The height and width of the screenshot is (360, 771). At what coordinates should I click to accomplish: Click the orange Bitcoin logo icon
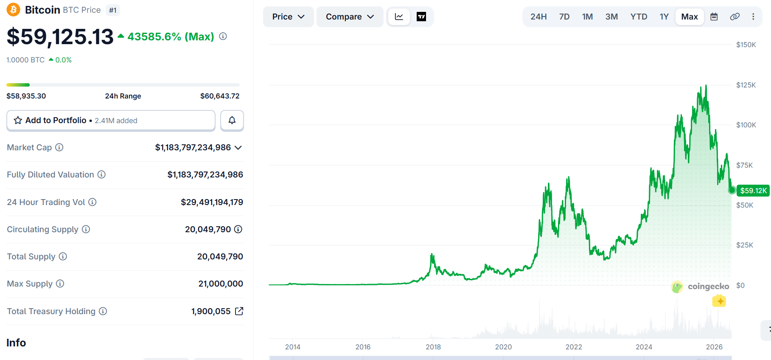pyautogui.click(x=13, y=9)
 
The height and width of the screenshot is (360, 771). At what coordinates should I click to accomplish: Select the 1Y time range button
pyautogui.click(x=664, y=17)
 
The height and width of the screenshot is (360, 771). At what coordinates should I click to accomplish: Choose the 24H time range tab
pyautogui.click(x=538, y=17)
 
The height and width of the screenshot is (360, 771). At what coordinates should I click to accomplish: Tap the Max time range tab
pyautogui.click(x=690, y=17)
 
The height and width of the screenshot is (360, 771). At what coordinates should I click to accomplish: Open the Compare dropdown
pyautogui.click(x=350, y=17)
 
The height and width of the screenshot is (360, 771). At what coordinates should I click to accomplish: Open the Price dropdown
pyautogui.click(x=289, y=17)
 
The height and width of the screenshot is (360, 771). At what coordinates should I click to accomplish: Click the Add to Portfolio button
pyautogui.click(x=111, y=121)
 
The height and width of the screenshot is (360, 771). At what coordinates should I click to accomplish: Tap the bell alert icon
pyautogui.click(x=232, y=121)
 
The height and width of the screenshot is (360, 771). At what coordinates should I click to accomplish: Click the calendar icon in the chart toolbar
pyautogui.click(x=714, y=17)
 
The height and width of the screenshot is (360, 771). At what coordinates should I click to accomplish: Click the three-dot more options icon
pyautogui.click(x=753, y=17)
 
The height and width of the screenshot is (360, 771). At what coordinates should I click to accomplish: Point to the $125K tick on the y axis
pyautogui.click(x=746, y=85)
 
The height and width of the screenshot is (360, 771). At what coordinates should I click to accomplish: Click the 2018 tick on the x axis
pyautogui.click(x=433, y=347)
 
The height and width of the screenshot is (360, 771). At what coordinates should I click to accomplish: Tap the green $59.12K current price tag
pyautogui.click(x=753, y=191)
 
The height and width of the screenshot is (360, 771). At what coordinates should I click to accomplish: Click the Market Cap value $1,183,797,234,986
pyautogui.click(x=193, y=147)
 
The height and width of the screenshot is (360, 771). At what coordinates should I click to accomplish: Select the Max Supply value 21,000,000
pyautogui.click(x=221, y=284)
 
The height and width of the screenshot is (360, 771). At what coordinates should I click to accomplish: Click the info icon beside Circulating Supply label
pyautogui.click(x=86, y=229)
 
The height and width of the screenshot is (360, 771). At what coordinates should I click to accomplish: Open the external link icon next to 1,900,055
pyautogui.click(x=239, y=311)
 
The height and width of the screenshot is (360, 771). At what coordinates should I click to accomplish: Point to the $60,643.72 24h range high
pyautogui.click(x=220, y=96)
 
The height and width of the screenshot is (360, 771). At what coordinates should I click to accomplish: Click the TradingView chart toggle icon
pyautogui.click(x=421, y=17)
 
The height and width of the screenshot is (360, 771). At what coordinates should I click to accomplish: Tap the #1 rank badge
pyautogui.click(x=112, y=10)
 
